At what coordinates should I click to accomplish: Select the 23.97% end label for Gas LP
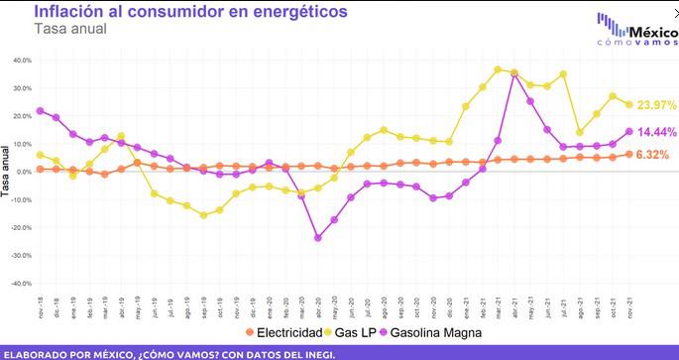(656, 105)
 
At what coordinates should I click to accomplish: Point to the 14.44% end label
(656, 132)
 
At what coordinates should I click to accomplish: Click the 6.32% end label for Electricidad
(652, 155)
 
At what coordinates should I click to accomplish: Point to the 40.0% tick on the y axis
(20, 60)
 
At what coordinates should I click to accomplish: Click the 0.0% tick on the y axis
(22, 172)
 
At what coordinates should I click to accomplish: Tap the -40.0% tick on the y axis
(19, 284)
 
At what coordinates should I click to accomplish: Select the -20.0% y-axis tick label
(19, 227)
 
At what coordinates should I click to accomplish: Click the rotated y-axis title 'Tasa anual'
(6, 171)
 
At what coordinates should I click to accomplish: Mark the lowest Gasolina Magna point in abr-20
(317, 238)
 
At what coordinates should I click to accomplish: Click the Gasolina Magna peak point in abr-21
(514, 74)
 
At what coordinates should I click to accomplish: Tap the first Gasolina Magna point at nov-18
(40, 111)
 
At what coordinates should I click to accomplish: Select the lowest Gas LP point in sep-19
(203, 215)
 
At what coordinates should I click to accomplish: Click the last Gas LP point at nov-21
(628, 105)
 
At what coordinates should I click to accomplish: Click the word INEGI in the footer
(318, 353)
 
